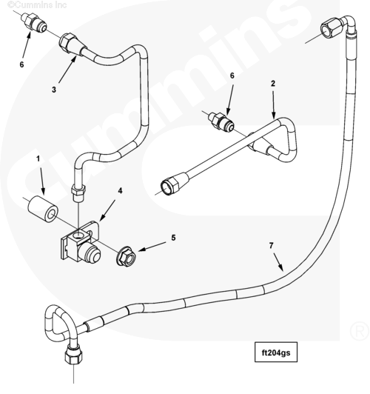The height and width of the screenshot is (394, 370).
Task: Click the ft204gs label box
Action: click(276, 352)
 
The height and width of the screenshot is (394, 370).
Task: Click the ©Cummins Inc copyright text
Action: click(37, 4)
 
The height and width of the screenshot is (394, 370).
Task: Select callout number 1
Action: click(38, 158)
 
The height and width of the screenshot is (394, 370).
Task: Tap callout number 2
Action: click(273, 84)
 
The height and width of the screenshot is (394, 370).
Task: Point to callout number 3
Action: click(54, 90)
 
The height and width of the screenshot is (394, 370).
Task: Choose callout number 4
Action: click(121, 191)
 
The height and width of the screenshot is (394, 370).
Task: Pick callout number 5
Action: click(173, 238)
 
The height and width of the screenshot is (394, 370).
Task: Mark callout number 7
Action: click(271, 245)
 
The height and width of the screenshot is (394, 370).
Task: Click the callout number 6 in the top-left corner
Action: click(22, 64)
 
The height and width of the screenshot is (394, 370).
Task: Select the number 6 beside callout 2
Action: click(232, 76)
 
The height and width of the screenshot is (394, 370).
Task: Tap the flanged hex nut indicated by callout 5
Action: click(126, 256)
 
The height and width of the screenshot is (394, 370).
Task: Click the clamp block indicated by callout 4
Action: click(80, 242)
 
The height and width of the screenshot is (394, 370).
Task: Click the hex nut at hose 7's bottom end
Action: click(73, 353)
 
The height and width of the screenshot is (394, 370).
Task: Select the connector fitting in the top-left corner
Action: click(34, 22)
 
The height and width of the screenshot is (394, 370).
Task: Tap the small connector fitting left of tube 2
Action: click(221, 121)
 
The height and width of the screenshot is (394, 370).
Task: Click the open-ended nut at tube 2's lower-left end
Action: click(173, 183)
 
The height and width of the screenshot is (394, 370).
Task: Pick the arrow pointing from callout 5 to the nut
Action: click(152, 247)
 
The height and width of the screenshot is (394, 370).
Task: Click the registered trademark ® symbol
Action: click(360, 330)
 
